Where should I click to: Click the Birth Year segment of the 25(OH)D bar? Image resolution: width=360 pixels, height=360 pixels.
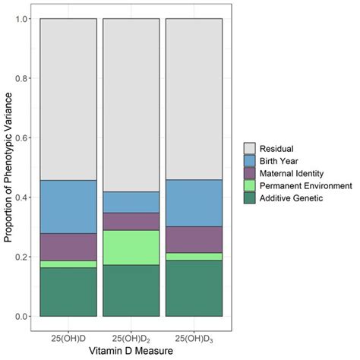coord(68,207)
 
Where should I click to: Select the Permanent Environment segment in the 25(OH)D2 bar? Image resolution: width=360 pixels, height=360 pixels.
coord(131,247)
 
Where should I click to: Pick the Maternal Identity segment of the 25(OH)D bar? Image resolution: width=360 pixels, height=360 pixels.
coord(68,247)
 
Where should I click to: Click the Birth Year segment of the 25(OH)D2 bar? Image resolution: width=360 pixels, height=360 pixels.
coord(131,202)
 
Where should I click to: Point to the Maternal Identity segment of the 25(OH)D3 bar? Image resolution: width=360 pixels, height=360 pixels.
coord(194,239)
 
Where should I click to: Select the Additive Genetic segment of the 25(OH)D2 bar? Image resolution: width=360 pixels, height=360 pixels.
coord(131,290)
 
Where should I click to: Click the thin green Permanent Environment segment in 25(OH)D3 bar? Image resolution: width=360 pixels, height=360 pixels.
coord(194,257)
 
